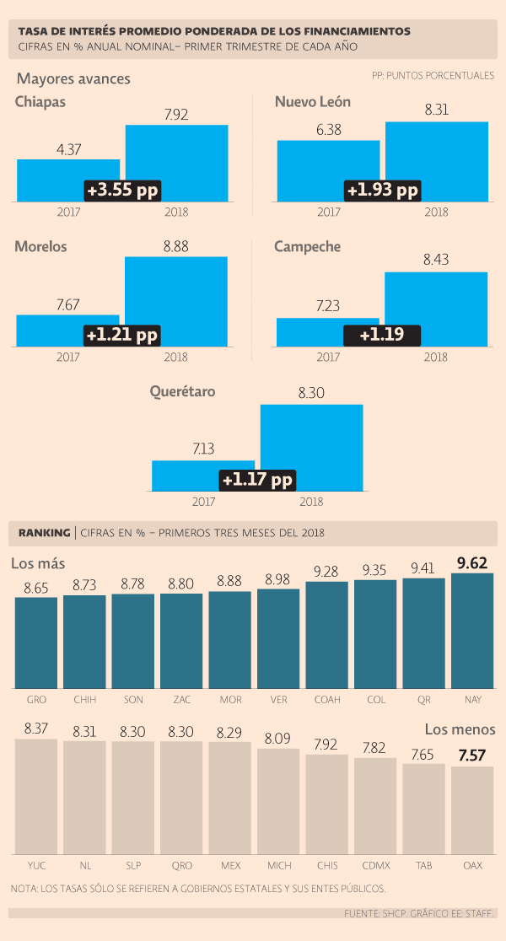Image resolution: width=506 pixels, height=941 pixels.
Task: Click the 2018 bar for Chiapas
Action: click(x=176, y=152)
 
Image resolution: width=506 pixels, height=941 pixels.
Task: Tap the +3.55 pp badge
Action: click(x=121, y=190)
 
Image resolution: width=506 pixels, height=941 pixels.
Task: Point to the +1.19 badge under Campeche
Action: click(x=381, y=335)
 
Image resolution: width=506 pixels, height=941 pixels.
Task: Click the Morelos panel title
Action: click(x=40, y=247)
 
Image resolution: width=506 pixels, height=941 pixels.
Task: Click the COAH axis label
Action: click(x=326, y=699)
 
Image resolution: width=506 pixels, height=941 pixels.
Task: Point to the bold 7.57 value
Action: click(x=472, y=755)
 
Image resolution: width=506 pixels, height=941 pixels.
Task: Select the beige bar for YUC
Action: click(x=36, y=797)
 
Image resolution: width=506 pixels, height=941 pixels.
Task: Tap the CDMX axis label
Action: click(x=375, y=865)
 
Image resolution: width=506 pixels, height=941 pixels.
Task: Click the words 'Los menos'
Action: click(x=460, y=729)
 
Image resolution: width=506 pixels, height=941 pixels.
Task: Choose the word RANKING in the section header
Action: click(x=44, y=533)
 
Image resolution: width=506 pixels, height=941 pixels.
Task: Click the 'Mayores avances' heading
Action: click(x=73, y=79)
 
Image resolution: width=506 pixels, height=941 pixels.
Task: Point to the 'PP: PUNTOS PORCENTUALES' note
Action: click(x=433, y=76)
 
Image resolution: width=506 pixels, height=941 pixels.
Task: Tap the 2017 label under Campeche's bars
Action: click(x=328, y=357)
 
